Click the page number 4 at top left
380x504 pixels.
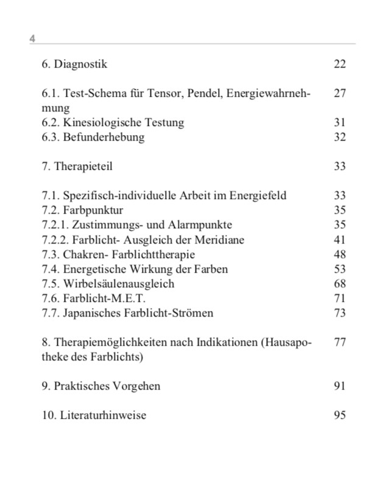pos(32,39)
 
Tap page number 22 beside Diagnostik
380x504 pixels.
pos(340,64)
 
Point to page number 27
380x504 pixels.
pos(340,93)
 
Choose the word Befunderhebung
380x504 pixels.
pos(104,137)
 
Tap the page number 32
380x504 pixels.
pos(340,137)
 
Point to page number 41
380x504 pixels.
pos(340,239)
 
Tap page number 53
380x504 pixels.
pos(340,268)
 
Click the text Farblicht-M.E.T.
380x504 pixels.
pos(104,298)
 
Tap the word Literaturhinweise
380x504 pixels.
pos(103,415)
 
